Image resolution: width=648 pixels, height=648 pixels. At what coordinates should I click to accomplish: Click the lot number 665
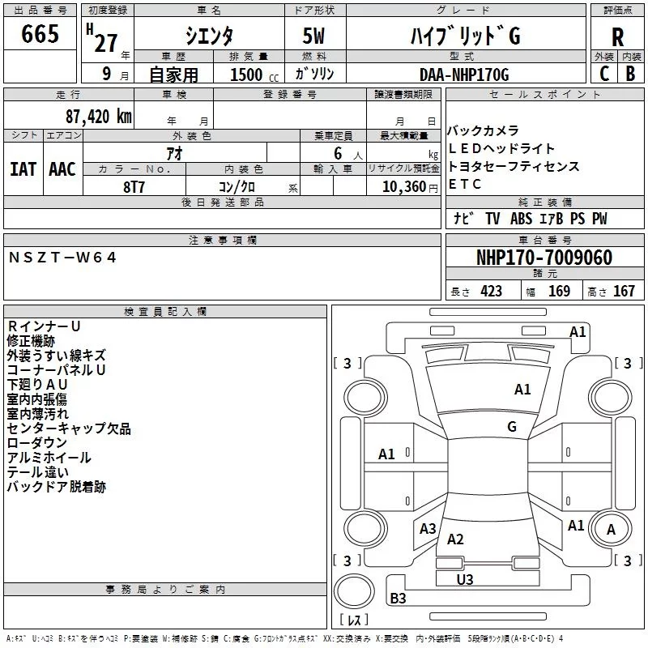[x=40, y=33]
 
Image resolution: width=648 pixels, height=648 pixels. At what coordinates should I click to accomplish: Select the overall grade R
[x=617, y=37]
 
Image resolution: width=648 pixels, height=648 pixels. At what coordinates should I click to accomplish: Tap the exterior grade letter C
[x=603, y=74]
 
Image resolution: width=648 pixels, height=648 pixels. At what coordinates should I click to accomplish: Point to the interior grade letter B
[x=630, y=74]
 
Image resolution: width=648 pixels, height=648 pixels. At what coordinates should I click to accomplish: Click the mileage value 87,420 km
[x=99, y=117]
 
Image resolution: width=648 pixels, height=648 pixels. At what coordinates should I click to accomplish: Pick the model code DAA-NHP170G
[x=464, y=75]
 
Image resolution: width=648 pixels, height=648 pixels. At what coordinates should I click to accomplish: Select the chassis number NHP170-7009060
[x=544, y=258]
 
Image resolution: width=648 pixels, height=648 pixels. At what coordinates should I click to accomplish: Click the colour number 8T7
[x=134, y=187]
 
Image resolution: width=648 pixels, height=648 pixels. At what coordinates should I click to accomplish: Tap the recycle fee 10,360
[x=403, y=187]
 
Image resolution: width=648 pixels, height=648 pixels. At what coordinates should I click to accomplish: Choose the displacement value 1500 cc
[x=254, y=75]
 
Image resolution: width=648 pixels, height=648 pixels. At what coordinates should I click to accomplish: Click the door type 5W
[x=313, y=36]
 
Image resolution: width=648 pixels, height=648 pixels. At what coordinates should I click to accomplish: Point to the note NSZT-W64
[x=62, y=258]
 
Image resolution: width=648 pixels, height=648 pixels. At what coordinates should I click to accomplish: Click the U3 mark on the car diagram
[x=464, y=579]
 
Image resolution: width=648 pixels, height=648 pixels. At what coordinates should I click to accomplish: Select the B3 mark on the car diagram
[x=398, y=598]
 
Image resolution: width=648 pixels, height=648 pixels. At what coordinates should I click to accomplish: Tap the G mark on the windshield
[x=512, y=427]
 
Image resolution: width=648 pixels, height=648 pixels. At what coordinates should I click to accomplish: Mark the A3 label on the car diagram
[x=428, y=528]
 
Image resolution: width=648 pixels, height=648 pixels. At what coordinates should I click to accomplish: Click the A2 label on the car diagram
[x=455, y=539]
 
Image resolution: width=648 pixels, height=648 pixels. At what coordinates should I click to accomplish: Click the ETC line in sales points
[x=465, y=184]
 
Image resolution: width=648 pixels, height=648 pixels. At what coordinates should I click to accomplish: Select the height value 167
[x=624, y=291]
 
